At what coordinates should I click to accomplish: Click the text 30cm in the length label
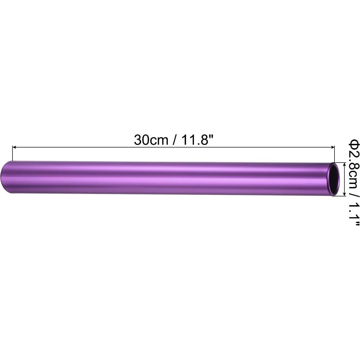(x=151, y=140)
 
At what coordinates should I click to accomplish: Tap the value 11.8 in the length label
(x=195, y=140)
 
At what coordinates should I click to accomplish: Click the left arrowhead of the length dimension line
(x=14, y=147)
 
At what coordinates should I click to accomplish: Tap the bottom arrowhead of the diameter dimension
(x=345, y=194)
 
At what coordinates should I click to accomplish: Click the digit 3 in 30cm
(x=138, y=140)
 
